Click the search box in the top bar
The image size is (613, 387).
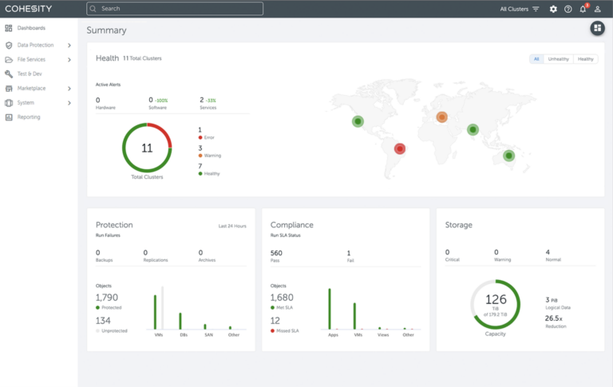click(x=175, y=9)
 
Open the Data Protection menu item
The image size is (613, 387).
click(x=35, y=45)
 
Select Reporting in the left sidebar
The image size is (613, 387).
click(x=29, y=117)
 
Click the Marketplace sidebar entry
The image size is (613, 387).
click(x=31, y=89)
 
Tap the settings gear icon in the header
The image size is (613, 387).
click(x=553, y=9)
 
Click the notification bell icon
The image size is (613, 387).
click(x=583, y=9)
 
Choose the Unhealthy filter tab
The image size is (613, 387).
click(x=558, y=59)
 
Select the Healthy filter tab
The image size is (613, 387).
click(x=586, y=59)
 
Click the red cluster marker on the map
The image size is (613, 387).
click(x=400, y=148)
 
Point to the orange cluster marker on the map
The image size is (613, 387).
click(x=441, y=116)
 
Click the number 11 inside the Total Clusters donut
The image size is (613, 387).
click(x=147, y=148)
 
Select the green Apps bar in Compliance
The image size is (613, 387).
click(x=329, y=308)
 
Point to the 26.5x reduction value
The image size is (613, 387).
click(x=552, y=318)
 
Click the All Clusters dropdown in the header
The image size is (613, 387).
click(x=520, y=9)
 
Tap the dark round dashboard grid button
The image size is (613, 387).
click(x=597, y=29)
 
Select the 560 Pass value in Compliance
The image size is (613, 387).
click(x=276, y=253)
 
